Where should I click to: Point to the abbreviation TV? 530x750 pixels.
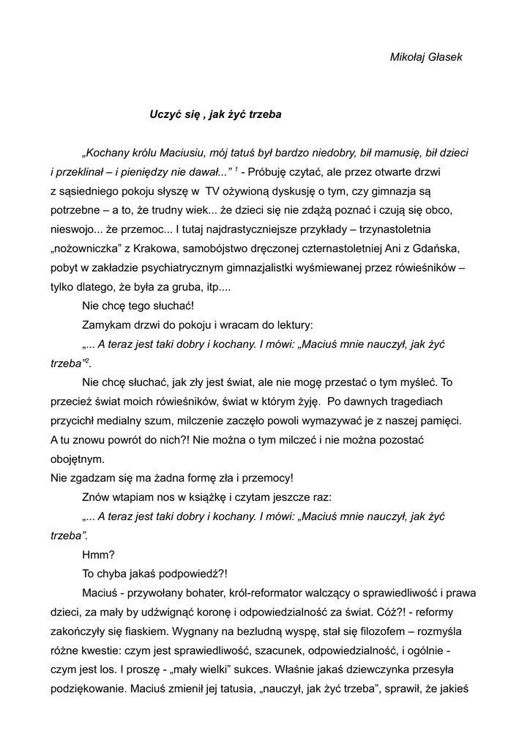coord(213,191)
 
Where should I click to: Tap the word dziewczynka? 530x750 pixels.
coord(399,669)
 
